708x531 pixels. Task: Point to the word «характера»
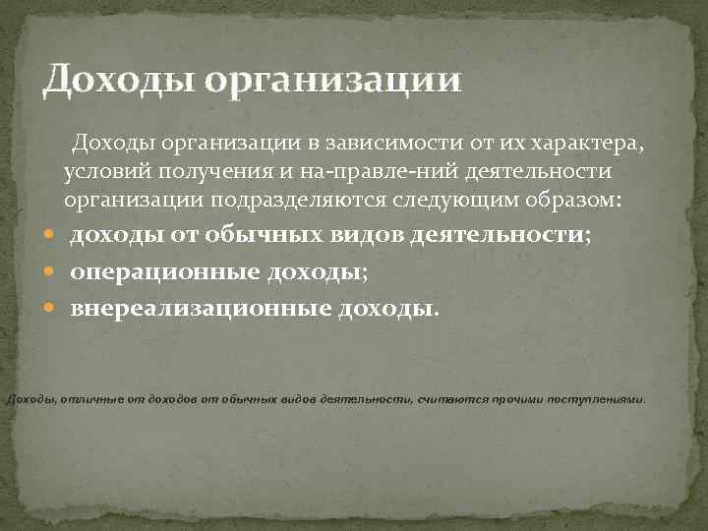click(588, 145)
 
